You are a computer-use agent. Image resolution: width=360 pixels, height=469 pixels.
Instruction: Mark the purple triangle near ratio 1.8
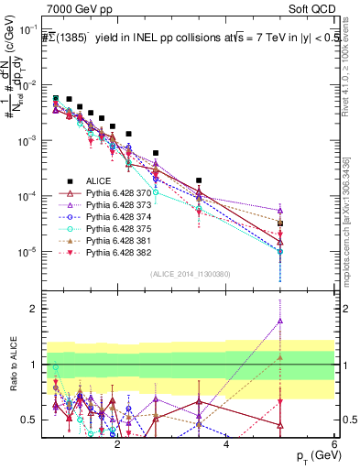point(279,321)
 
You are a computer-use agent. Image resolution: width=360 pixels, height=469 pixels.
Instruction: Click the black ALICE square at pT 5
point(279,223)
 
